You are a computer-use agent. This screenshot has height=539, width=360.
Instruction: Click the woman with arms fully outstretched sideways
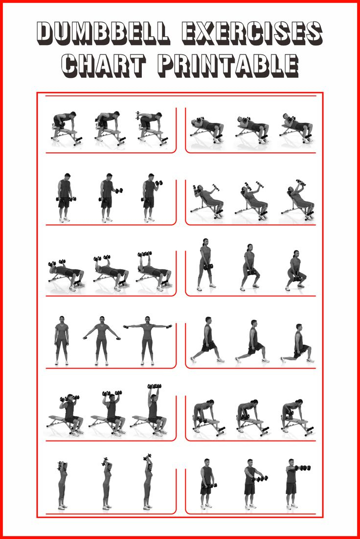click(148, 340)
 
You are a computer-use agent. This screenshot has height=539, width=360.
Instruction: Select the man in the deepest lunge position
click(299, 343)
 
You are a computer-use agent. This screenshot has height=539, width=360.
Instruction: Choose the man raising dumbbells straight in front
click(292, 482)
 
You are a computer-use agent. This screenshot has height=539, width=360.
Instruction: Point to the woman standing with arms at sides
click(62, 340)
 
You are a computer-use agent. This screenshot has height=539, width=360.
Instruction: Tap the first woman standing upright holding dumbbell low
click(205, 264)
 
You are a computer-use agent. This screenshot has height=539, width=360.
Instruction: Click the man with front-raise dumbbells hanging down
click(207, 482)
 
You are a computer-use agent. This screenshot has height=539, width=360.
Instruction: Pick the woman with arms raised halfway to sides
click(102, 340)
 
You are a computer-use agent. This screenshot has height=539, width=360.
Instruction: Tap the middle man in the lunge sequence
click(252, 341)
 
